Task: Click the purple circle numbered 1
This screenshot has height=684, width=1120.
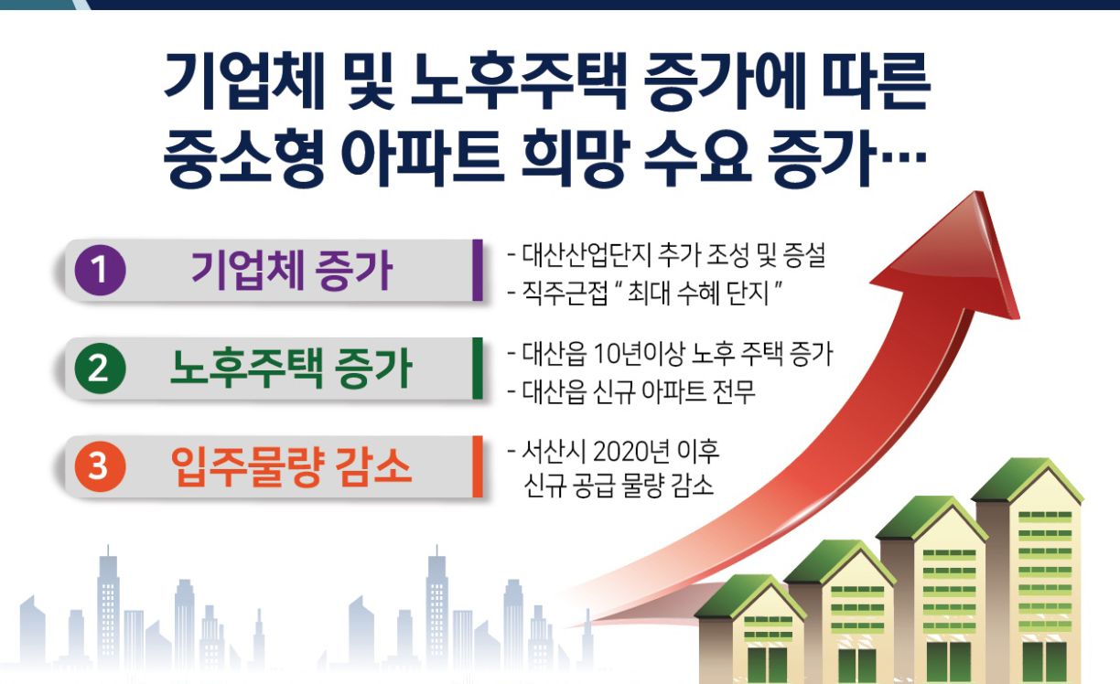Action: click(x=100, y=271)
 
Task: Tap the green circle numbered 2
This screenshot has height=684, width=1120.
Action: click(x=100, y=369)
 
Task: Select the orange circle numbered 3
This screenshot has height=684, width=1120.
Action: click(x=100, y=466)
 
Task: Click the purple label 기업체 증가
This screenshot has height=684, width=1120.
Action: click(x=292, y=271)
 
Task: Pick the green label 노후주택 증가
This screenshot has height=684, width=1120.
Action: click(x=291, y=369)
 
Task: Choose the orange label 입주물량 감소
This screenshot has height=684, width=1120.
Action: click(x=291, y=466)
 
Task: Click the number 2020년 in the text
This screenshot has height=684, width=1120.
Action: click(x=631, y=451)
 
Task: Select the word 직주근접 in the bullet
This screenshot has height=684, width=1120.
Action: click(x=565, y=293)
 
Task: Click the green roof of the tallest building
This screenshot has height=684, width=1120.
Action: click(x=1028, y=480)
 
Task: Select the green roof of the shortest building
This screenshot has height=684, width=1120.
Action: click(x=750, y=596)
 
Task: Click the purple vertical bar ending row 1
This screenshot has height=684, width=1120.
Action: click(x=478, y=271)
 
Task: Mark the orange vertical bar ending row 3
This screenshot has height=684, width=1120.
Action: click(x=478, y=466)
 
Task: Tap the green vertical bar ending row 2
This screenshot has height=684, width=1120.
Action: click(x=478, y=369)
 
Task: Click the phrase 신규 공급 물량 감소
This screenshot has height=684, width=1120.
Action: click(x=619, y=486)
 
